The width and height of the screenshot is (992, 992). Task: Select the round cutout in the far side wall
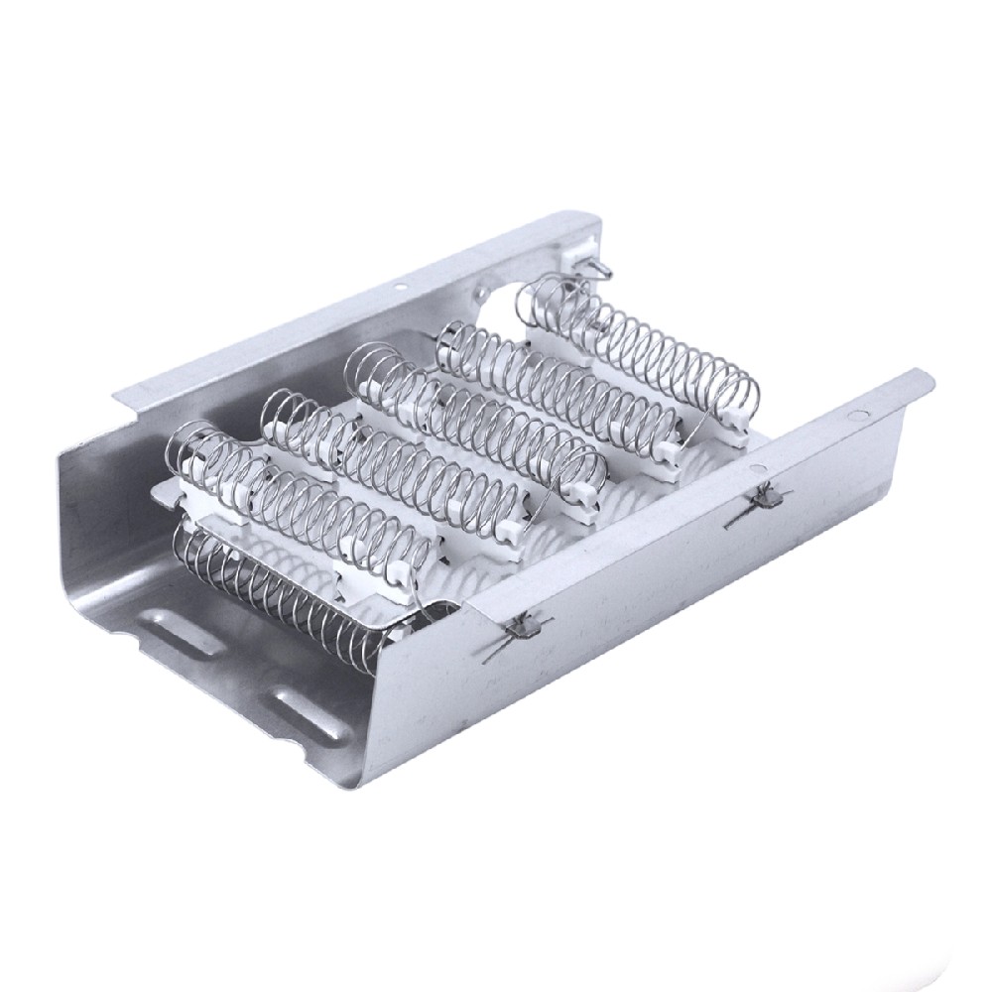pos(483,294)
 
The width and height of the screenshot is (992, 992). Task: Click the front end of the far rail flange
pos(124,402)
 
